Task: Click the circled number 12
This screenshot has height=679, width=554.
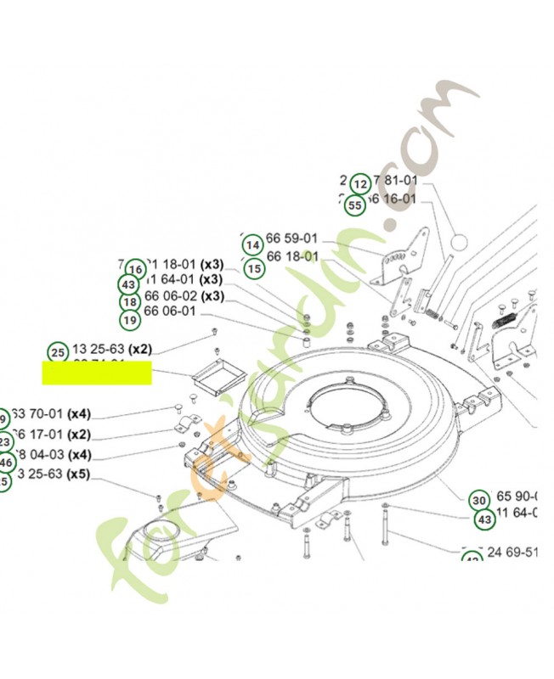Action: click(360, 183)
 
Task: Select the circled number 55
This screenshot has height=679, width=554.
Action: click(355, 205)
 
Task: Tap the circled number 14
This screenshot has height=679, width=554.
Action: click(252, 245)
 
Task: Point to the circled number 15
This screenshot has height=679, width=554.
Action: click(254, 268)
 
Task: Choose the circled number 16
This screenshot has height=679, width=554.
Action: click(134, 267)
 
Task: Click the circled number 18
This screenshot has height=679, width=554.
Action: click(130, 302)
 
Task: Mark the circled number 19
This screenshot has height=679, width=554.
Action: click(130, 320)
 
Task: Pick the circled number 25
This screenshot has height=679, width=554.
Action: click(58, 352)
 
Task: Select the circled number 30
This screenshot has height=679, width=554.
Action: click(479, 500)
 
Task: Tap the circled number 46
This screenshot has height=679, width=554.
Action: click(6, 463)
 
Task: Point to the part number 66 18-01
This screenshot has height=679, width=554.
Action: click(292, 256)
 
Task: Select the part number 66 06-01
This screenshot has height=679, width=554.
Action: click(170, 311)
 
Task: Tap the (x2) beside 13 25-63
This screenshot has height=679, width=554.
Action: click(139, 349)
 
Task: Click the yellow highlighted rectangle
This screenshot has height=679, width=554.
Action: click(97, 373)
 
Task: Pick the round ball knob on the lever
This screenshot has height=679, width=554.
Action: click(459, 243)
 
